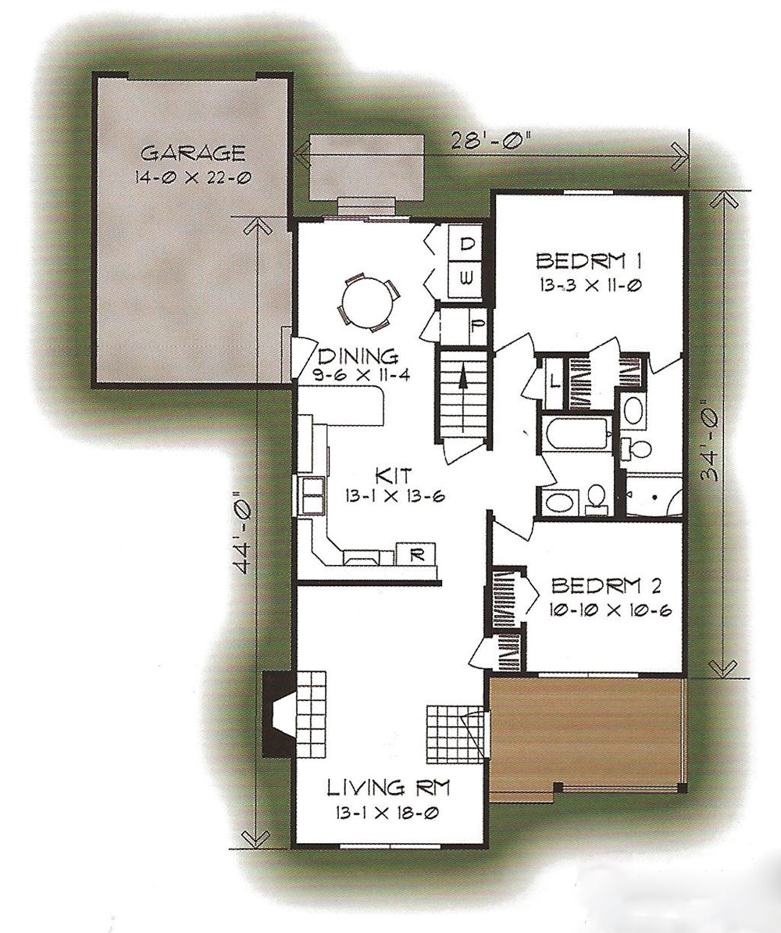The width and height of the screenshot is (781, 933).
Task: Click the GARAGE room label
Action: point(194,153)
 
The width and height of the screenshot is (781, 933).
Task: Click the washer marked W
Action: point(468,278)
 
